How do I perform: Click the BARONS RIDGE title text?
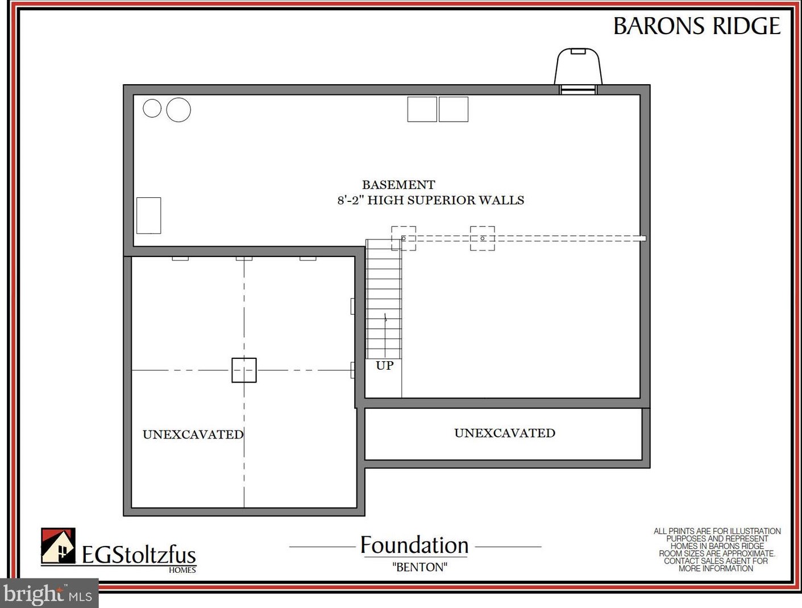(696, 26)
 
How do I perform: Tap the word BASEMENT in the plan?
(398, 185)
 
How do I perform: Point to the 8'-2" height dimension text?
(350, 200)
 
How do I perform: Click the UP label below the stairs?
(385, 365)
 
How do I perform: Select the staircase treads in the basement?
(384, 299)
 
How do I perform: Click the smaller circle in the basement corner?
(152, 108)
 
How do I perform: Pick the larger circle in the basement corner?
(178, 109)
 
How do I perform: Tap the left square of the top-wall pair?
(422, 109)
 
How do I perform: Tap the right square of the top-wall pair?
(454, 109)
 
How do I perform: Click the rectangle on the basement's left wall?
(149, 216)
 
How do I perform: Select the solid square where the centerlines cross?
(244, 370)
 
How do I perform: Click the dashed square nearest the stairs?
(404, 238)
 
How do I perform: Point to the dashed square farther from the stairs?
(483, 238)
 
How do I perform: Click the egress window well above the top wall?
(578, 67)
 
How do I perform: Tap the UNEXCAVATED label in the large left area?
(193, 435)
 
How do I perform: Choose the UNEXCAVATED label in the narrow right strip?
(505, 433)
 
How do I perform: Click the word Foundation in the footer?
(414, 545)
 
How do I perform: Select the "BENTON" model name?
(420, 567)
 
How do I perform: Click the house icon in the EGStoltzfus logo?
(58, 545)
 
